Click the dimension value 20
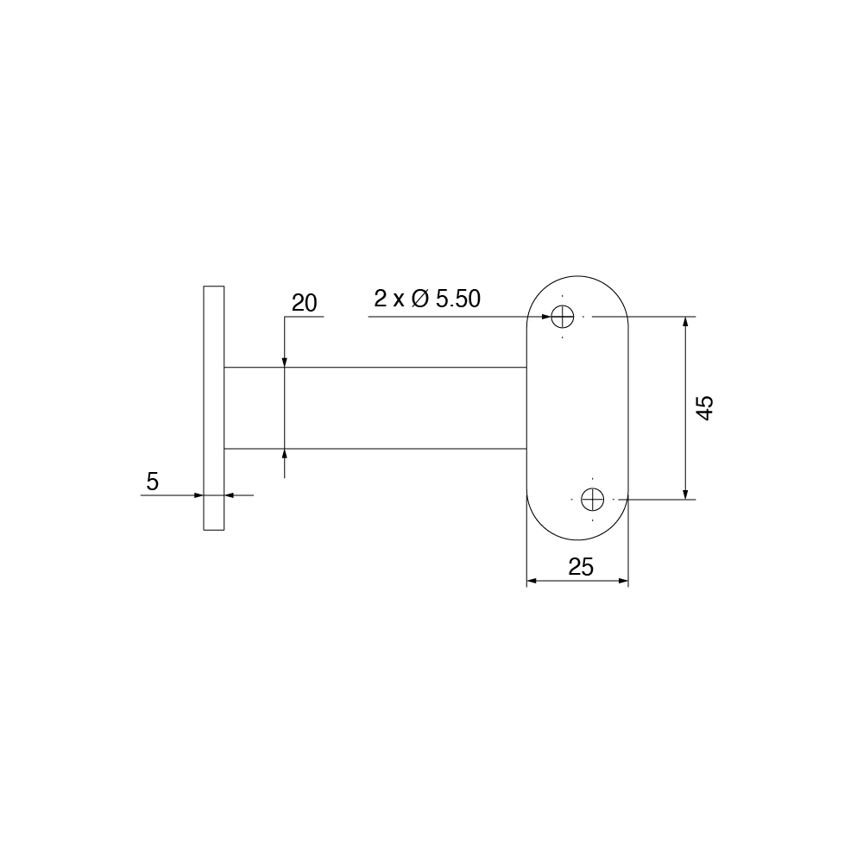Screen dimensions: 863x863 tap(305, 303)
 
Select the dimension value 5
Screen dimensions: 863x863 tap(153, 482)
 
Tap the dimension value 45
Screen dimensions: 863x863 tap(705, 407)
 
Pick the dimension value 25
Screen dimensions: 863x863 tap(581, 567)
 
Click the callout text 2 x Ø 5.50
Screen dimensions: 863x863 tap(426, 299)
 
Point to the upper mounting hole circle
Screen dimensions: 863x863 tap(564, 317)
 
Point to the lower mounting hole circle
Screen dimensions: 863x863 tap(592, 499)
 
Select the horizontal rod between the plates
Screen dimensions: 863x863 tap(375, 408)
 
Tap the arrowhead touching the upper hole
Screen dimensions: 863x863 tap(545, 317)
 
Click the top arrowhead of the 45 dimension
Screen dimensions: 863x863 tap(686, 322)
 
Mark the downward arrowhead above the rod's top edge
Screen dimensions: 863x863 tap(285, 362)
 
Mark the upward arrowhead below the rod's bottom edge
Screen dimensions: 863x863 tap(285, 455)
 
